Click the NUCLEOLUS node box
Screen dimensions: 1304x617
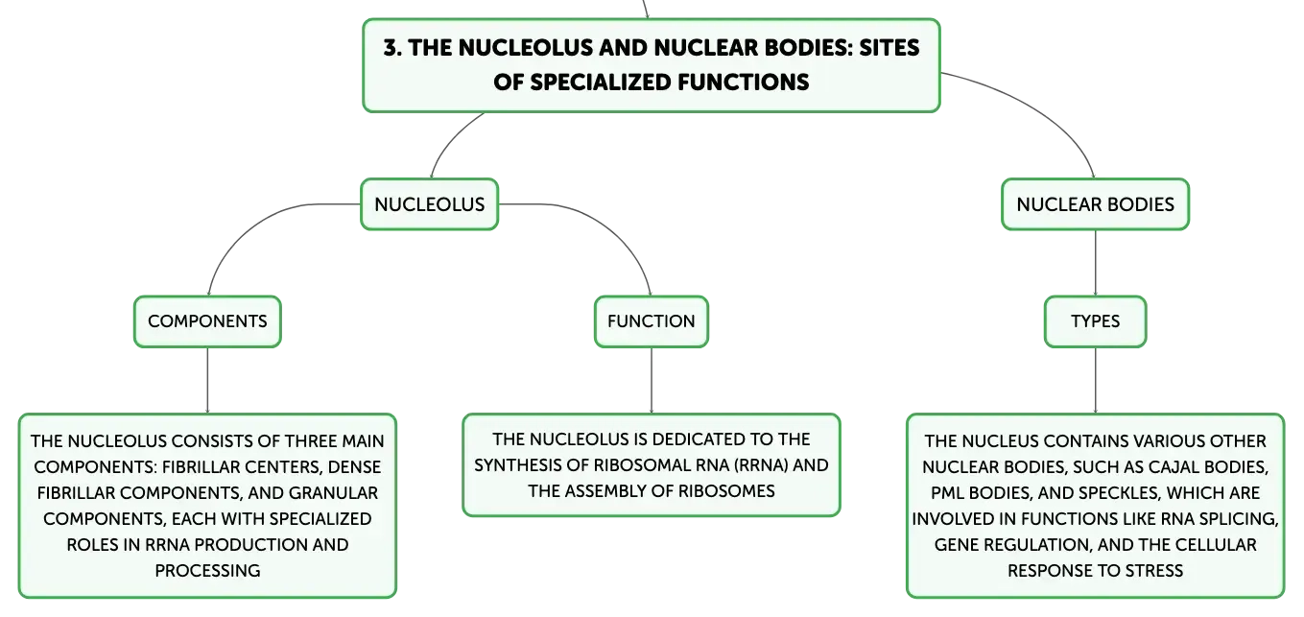pos(430,204)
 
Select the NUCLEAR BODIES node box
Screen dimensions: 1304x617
pos(1095,204)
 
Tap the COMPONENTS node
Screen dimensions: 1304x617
pos(207,321)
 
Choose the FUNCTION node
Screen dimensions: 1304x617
pos(651,321)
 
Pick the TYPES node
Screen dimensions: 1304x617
pos(1095,321)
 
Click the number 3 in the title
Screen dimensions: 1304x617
pos(391,48)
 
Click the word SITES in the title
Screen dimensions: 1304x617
pos(889,48)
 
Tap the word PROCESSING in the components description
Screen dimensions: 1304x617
pos(207,570)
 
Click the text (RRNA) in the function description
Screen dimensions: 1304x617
pos(760,465)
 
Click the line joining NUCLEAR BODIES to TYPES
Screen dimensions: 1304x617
pos(1095,263)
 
